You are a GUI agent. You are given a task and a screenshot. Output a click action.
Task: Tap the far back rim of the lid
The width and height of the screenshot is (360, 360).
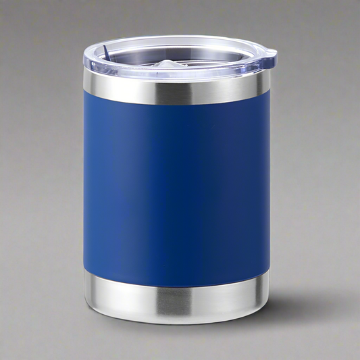pos(176,38)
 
